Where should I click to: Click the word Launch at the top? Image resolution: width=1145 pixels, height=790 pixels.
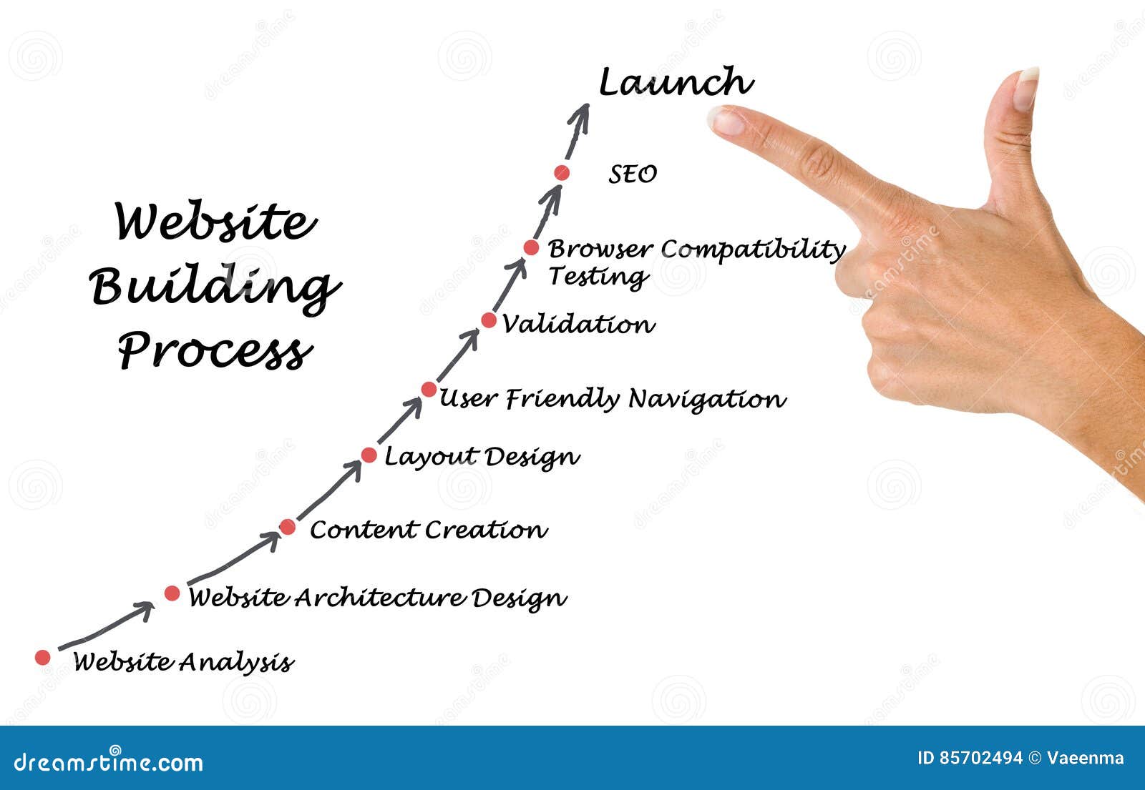click(675, 82)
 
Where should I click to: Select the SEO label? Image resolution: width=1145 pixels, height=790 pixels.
click(633, 174)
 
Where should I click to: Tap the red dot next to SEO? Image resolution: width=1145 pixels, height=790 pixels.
click(562, 172)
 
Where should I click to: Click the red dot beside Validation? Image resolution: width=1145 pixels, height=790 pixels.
click(489, 320)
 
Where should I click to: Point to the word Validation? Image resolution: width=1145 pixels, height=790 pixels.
click(578, 324)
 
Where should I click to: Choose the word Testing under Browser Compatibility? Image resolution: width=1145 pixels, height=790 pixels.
click(598, 276)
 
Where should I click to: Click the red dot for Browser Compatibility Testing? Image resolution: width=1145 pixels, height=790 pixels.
click(531, 247)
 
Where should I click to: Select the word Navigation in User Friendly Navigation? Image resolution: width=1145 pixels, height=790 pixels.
click(707, 399)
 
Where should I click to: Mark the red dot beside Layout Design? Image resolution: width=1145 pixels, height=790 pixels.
click(369, 455)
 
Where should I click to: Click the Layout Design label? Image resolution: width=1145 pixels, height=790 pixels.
click(482, 457)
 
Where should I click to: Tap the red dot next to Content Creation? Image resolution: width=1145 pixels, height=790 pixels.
click(287, 528)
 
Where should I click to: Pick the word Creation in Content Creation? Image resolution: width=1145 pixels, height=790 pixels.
click(486, 530)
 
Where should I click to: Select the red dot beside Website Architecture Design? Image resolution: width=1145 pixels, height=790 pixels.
click(172, 593)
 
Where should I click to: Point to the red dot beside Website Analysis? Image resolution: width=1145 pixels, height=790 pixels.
click(43, 657)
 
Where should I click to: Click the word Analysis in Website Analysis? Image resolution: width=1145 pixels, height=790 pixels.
click(235, 662)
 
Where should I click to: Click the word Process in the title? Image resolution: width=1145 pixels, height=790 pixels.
click(215, 350)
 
